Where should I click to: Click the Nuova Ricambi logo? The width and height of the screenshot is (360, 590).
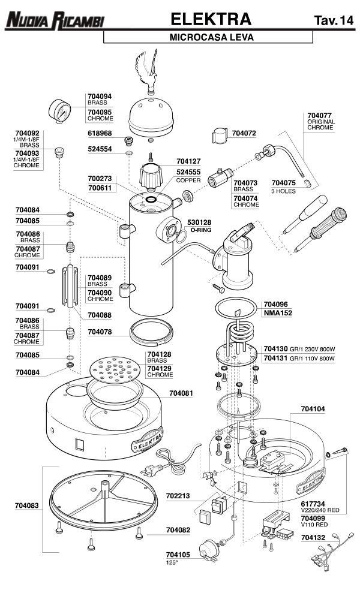click(x=54, y=21)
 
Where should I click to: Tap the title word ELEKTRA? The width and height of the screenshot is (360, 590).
click(x=211, y=19)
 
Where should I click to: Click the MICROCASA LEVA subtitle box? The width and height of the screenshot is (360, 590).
click(x=208, y=37)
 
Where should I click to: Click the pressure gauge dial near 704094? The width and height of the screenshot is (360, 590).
click(x=61, y=111)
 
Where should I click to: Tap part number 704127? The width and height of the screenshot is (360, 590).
click(x=188, y=161)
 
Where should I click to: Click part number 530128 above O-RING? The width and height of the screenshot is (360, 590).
click(x=200, y=222)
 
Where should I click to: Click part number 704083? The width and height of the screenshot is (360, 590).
click(x=27, y=505)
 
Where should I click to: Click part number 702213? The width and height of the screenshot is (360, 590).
click(x=178, y=496)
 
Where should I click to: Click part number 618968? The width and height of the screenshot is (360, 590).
click(x=100, y=133)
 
